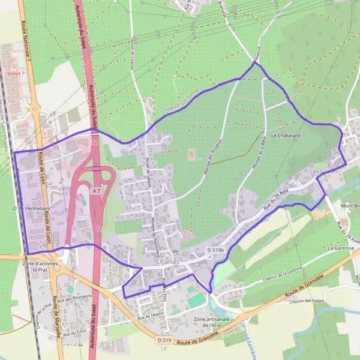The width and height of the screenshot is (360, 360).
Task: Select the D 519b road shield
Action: pyautogui.click(x=215, y=249)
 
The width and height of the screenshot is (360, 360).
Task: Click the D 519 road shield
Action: pyautogui.click(x=164, y=340)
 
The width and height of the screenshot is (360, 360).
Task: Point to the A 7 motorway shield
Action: pyautogui.click(x=97, y=190)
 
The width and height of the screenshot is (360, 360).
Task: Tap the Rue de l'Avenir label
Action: pyautogui.click(x=150, y=314)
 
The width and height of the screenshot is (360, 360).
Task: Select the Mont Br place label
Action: pyautogui.click(x=349, y=206)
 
